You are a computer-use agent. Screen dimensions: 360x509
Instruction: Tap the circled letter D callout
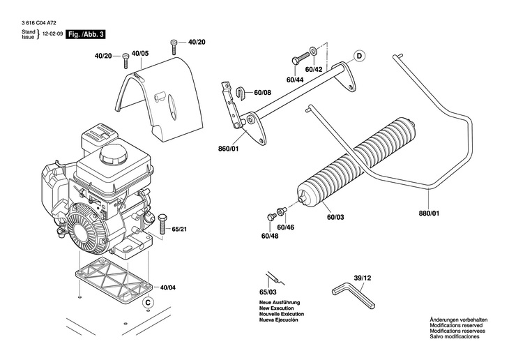[360, 56]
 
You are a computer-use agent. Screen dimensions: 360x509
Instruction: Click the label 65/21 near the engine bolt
[180, 229]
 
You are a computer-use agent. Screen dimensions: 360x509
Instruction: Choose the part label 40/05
[139, 53]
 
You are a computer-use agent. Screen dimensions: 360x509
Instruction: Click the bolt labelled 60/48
[271, 218]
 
